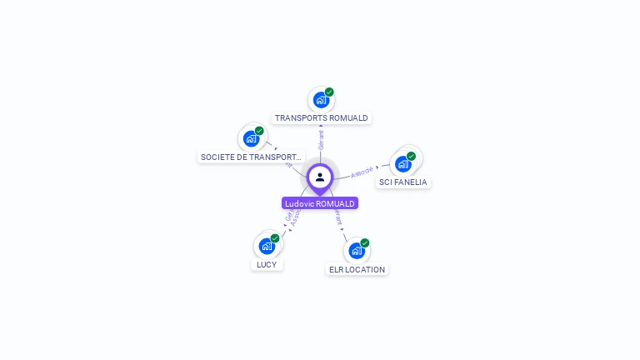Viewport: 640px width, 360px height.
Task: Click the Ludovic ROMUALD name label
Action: click(320, 203)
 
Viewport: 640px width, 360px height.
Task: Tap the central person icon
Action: click(320, 177)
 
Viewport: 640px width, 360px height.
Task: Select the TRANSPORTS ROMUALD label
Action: click(322, 118)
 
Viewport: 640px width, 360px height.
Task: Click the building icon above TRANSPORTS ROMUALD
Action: click(321, 100)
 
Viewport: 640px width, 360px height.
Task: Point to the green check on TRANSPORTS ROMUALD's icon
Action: click(329, 92)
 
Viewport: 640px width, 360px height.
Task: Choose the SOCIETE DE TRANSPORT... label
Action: click(251, 157)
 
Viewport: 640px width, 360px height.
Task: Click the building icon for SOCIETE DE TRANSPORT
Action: click(251, 138)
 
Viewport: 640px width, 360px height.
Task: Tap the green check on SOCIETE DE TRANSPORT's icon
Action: click(259, 131)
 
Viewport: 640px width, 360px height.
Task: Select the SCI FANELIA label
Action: click(402, 182)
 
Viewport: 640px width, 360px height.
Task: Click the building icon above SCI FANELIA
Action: click(403, 163)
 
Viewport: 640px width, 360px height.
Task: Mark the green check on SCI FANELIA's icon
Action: click(411, 156)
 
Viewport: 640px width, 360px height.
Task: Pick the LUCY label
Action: click(267, 264)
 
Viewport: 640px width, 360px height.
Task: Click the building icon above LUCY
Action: click(267, 246)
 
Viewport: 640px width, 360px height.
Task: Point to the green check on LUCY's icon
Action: click(275, 238)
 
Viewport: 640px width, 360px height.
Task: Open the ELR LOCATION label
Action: click(357, 269)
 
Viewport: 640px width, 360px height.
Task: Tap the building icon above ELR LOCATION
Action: click(356, 251)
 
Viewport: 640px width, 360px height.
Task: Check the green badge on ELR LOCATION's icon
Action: click(364, 243)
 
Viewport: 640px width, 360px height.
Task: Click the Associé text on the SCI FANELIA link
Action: click(362, 172)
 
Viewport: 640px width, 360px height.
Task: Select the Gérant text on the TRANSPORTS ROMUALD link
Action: click(321, 139)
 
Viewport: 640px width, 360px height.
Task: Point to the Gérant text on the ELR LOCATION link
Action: click(337, 217)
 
